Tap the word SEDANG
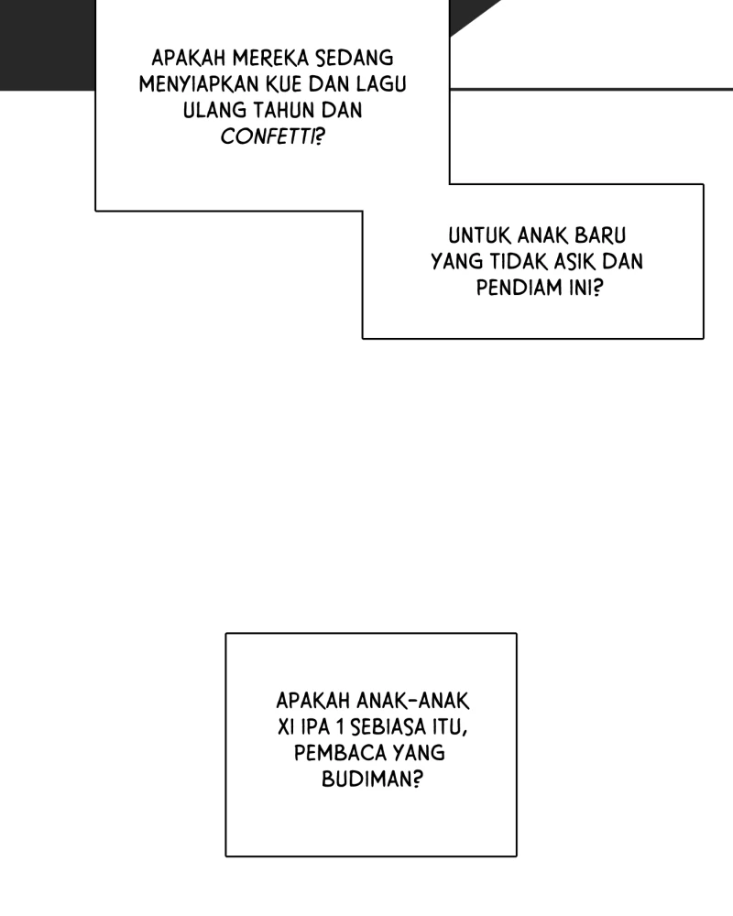point(355,59)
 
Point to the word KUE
point(284,84)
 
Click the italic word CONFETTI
point(268,136)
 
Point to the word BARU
point(600,235)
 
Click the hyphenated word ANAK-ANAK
point(412,701)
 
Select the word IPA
point(315,726)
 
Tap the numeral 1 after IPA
point(340,726)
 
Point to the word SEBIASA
point(388,726)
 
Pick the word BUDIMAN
point(372,779)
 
